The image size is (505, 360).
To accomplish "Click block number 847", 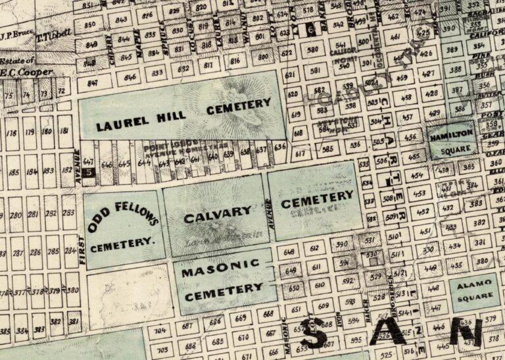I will tap(91, 83).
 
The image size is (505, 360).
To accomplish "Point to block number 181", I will tap(64, 132).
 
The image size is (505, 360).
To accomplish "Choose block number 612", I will tap(315, 248).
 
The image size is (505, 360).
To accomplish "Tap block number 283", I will tap(68, 215).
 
